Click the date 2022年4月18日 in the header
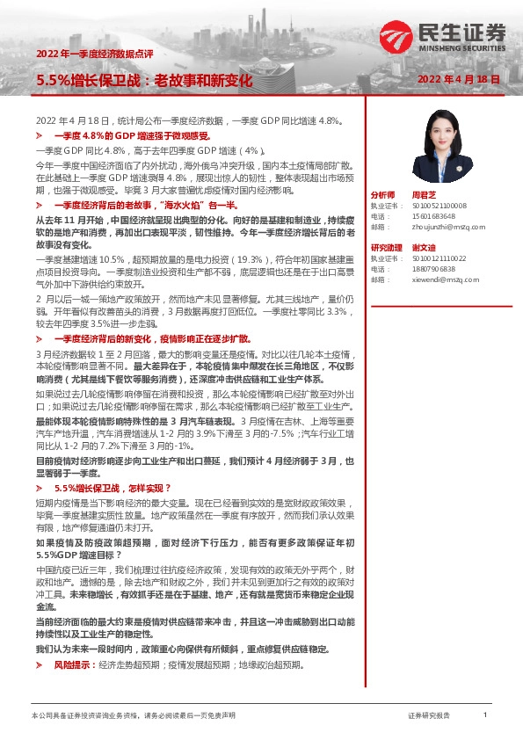point(458,79)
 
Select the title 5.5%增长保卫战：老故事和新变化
point(144,80)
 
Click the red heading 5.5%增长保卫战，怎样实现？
point(113,488)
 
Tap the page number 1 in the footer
point(485,715)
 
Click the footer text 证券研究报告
point(429,716)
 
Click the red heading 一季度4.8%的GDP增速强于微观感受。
point(131,137)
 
